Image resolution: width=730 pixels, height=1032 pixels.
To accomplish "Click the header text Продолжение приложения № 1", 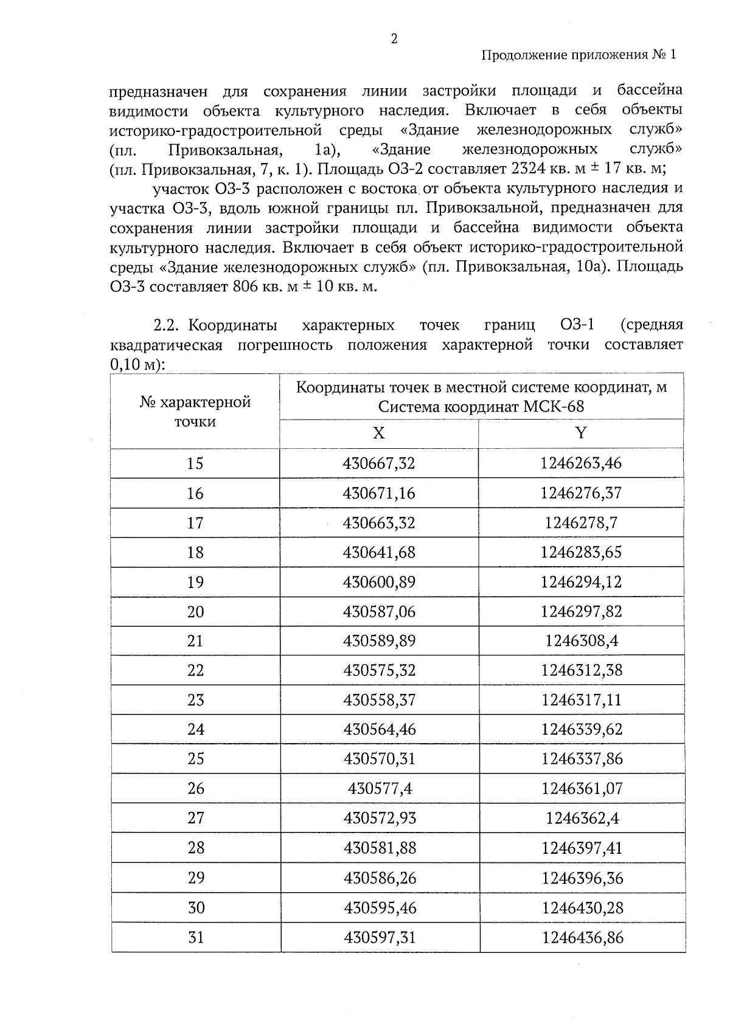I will coord(579,55).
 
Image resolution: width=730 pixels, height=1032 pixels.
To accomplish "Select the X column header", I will coord(378,433).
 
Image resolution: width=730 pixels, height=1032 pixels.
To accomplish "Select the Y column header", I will coord(581,433).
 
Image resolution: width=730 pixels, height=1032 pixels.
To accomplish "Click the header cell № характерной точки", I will coord(195,412).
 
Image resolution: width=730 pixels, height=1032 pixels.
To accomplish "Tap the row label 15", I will coord(195,463).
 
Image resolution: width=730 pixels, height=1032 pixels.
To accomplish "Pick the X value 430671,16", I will coord(379,493).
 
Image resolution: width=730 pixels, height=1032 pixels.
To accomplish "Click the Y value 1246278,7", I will coord(581,522).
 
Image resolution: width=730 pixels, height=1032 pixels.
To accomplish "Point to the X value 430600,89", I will coord(379,582).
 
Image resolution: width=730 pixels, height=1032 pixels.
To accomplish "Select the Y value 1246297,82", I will coord(581,611).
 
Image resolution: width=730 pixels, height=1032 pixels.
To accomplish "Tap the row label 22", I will coord(195,670).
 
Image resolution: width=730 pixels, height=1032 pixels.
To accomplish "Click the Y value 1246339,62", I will coord(581,729).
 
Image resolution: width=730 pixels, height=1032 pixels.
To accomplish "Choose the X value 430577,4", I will coord(380,788).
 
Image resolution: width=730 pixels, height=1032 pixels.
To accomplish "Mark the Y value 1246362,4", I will coord(582,818).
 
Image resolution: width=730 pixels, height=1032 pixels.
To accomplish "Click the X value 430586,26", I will coord(380,878).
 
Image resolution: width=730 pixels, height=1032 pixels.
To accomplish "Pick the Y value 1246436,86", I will coord(582,937).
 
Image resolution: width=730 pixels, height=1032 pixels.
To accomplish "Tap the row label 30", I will coord(195,907).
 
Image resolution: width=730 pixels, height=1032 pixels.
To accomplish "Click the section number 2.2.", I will coord(166,325).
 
